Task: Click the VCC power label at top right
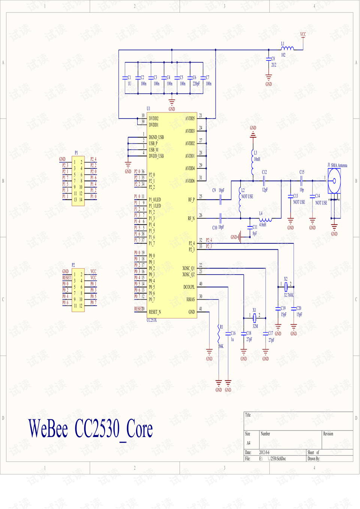click(303, 34)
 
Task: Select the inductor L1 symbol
click(287, 48)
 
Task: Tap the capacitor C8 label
click(273, 59)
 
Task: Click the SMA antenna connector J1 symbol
click(334, 181)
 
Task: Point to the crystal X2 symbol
click(286, 287)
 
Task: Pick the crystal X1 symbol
click(254, 318)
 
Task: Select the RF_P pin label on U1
click(191, 200)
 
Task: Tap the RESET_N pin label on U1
click(154, 312)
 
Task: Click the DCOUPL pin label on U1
click(189, 287)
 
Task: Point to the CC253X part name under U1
click(151, 320)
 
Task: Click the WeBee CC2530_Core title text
click(90, 429)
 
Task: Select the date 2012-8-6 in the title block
click(264, 452)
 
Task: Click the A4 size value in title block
click(248, 443)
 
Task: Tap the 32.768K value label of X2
click(288, 295)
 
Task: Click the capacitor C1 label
click(129, 77)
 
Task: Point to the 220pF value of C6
click(196, 84)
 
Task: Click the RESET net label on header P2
click(66, 278)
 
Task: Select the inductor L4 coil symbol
click(265, 219)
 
